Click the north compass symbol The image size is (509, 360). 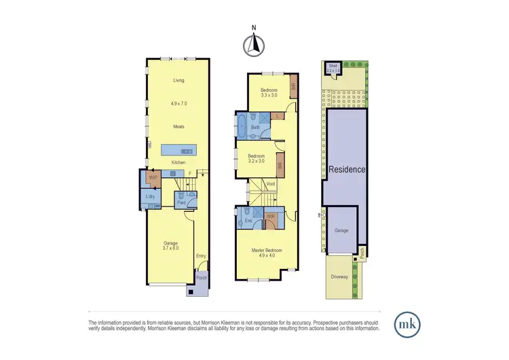pyautogui.click(x=254, y=44)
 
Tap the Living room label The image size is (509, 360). pyautogui.click(x=178, y=80)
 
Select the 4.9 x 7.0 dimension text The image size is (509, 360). pyautogui.click(x=178, y=104)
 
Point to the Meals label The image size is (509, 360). pyautogui.click(x=178, y=126)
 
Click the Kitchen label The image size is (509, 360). pyautogui.click(x=178, y=162)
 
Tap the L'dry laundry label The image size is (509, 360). pyautogui.click(x=151, y=197)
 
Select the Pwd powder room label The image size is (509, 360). pyautogui.click(x=182, y=202)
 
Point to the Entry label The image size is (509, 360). pyautogui.click(x=201, y=256)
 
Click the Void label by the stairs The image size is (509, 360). pyautogui.click(x=270, y=184)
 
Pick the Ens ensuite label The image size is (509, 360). pyautogui.click(x=249, y=220)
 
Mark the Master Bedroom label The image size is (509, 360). pyautogui.click(x=266, y=251)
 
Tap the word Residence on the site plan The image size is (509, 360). pyautogui.click(x=347, y=169)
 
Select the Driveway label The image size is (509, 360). pyautogui.click(x=340, y=277)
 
